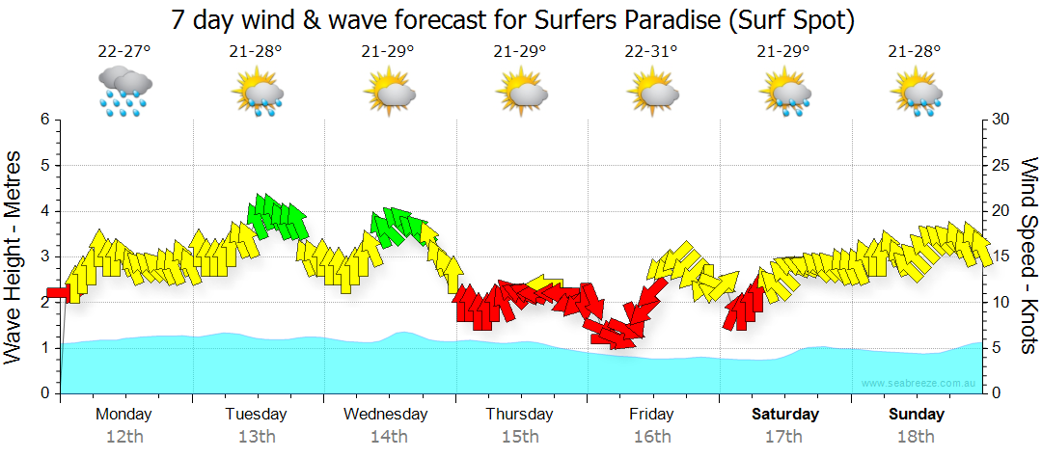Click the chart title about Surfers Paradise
[x=514, y=18]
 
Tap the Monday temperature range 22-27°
[x=123, y=52]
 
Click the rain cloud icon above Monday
[x=124, y=92]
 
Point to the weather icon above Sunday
[x=916, y=93]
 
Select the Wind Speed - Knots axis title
[x=1028, y=256]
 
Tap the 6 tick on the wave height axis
[x=44, y=120]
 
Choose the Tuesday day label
[x=256, y=415]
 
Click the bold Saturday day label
[x=784, y=415]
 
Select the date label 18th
[x=916, y=437]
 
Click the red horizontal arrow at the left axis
[x=58, y=292]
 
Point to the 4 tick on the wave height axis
[x=44, y=211]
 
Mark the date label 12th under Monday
[x=123, y=437]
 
